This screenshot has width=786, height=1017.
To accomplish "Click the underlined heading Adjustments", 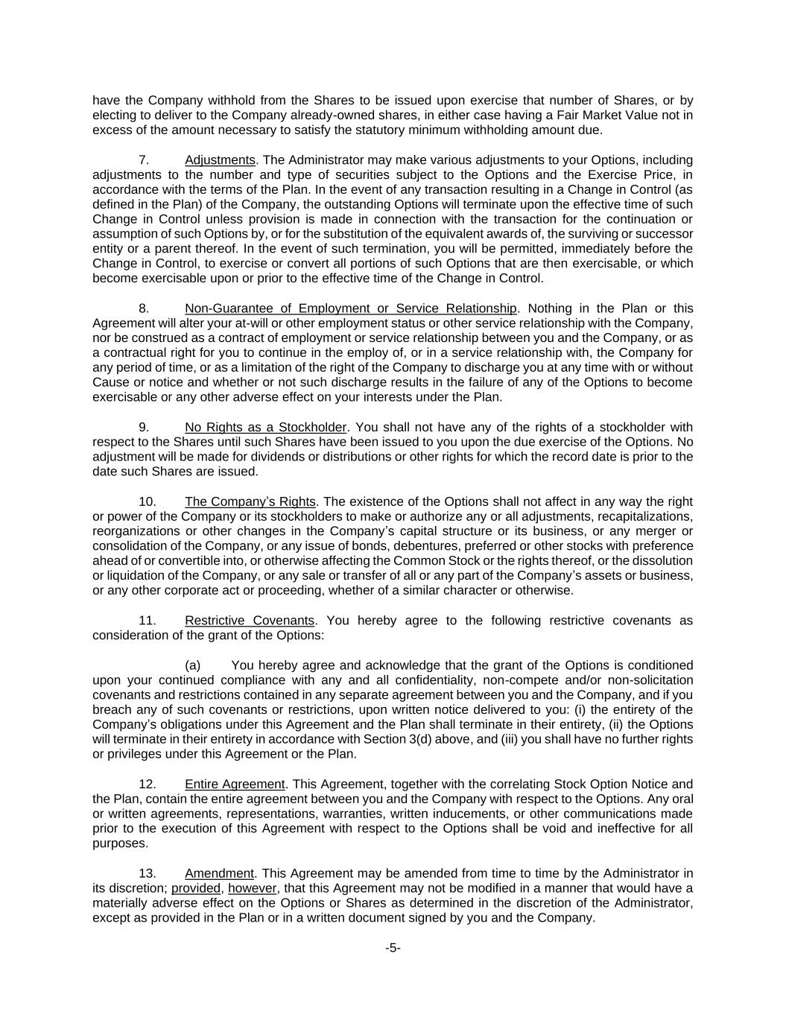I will pos(220,160).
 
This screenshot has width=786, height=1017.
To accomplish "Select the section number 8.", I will pos(144,308).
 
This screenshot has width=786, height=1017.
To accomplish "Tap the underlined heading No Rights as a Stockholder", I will pos(265,427).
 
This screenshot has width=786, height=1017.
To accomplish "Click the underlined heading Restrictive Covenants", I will pos(250,621).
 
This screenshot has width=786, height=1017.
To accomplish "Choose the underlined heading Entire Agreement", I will pos(235,784).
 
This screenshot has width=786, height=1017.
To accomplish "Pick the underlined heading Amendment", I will pos(219,873).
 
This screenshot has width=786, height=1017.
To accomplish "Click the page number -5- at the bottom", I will pos(393,948).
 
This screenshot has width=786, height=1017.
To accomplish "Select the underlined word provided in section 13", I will pos(196,888).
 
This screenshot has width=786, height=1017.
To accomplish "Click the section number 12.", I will pos(148,784).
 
